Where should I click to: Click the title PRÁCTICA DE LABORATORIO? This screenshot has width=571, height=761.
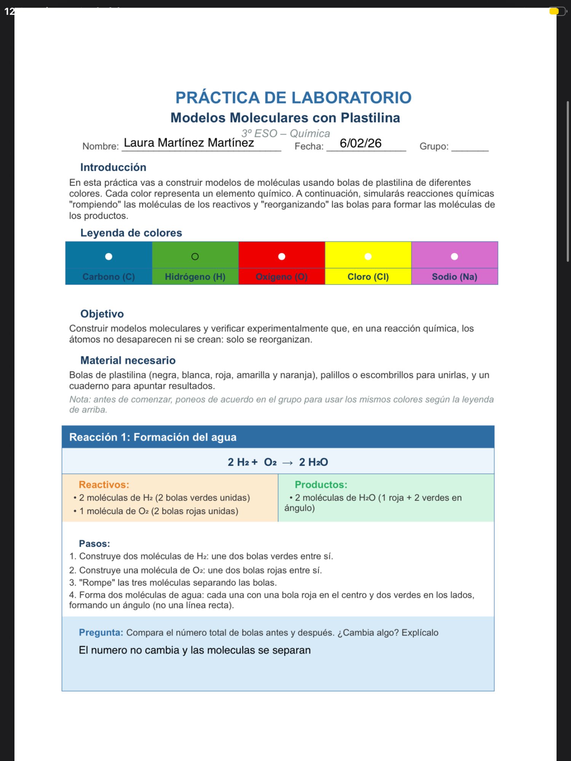point(293,98)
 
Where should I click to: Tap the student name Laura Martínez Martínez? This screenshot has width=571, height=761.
point(189,143)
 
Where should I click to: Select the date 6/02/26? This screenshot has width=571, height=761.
point(360,143)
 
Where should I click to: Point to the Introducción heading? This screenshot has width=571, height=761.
point(113,167)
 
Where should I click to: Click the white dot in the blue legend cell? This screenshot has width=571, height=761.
point(108,256)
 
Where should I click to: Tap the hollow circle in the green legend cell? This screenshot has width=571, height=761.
point(195,256)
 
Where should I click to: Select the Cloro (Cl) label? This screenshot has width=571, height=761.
point(368,277)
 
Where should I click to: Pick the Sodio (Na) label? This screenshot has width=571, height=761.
point(454,277)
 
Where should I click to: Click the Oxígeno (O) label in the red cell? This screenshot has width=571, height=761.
point(281,277)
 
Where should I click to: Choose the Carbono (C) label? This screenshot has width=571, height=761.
point(108,277)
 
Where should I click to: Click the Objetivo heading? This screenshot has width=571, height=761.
point(102,314)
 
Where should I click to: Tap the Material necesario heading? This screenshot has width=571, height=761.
point(128,360)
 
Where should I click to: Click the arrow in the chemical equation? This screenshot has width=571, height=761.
point(287,463)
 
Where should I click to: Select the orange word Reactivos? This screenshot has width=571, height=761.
point(104,485)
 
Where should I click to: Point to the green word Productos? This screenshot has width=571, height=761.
point(321,485)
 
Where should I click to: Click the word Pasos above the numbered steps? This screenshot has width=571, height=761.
point(94,544)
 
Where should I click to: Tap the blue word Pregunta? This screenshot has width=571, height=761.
point(101,632)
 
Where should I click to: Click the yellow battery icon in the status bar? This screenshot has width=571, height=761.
point(554,11)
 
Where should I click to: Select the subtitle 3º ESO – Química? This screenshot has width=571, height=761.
point(285,134)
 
